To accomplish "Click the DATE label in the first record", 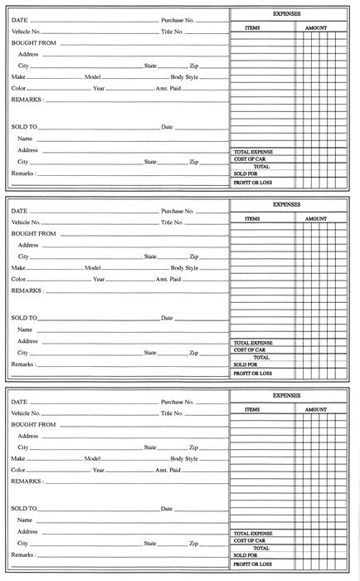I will pyautogui.click(x=19, y=19).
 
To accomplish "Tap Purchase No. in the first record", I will pyautogui.click(x=178, y=19).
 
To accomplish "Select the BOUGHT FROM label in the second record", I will pyautogui.click(x=33, y=234).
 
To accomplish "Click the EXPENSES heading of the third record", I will pyautogui.click(x=287, y=396).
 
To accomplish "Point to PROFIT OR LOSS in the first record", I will pyautogui.click(x=252, y=182).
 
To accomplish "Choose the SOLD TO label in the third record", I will pyautogui.click(x=24, y=508).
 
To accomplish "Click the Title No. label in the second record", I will pyautogui.click(x=172, y=222).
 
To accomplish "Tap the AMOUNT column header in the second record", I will pyautogui.click(x=316, y=218).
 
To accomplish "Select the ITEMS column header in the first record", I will pyautogui.click(x=252, y=27).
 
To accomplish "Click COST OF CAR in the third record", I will pyautogui.click(x=249, y=540).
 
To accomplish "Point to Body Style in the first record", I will pyautogui.click(x=184, y=76).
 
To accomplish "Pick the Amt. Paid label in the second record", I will pyautogui.click(x=168, y=279).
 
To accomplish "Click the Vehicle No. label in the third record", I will pyautogui.click(x=26, y=413).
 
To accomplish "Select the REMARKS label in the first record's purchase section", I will pyautogui.click(x=27, y=100).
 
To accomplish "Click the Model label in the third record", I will pyautogui.click(x=92, y=458).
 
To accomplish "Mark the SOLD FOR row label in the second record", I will pyautogui.click(x=246, y=364).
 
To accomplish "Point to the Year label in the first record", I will pyautogui.click(x=99, y=88).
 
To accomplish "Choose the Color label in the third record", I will pyautogui.click(x=19, y=470).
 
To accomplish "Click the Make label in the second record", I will pyautogui.click(x=19, y=267).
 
